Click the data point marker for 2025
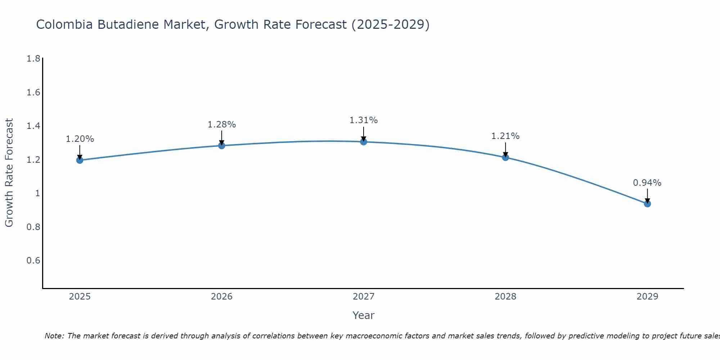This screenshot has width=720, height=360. point(80,160)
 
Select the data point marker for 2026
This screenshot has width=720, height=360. point(222,145)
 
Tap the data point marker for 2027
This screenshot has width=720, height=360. point(364,142)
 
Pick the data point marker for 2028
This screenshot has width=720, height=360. point(505,157)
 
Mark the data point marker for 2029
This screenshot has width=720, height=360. point(647,204)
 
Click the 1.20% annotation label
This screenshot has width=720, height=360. point(80,139)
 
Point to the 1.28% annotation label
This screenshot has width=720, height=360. point(222,125)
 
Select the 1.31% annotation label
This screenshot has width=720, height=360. point(364,120)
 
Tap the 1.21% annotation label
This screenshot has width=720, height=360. point(505,136)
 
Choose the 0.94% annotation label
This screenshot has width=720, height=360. point(647,183)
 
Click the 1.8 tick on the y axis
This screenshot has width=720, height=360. point(33,59)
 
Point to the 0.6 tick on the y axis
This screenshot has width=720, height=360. point(33,261)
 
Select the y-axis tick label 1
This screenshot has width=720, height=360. point(37,193)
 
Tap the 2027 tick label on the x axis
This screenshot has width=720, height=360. point(364,297)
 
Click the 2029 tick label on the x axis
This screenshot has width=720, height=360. point(647,297)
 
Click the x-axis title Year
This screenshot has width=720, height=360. point(364,315)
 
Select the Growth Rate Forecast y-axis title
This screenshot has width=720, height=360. point(9,173)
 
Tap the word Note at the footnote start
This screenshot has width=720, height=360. point(54,336)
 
